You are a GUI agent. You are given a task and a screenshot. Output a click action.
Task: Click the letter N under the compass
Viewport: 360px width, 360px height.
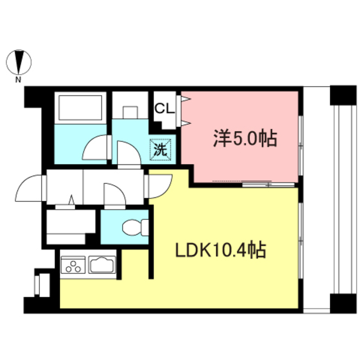pos(19,79)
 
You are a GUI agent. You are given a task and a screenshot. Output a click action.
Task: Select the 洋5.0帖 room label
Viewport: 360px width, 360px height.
pos(245,138)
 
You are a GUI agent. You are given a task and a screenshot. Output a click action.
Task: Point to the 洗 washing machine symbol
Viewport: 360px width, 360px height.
pos(160,150)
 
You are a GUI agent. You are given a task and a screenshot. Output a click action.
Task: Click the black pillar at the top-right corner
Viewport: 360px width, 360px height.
pos(343,94)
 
